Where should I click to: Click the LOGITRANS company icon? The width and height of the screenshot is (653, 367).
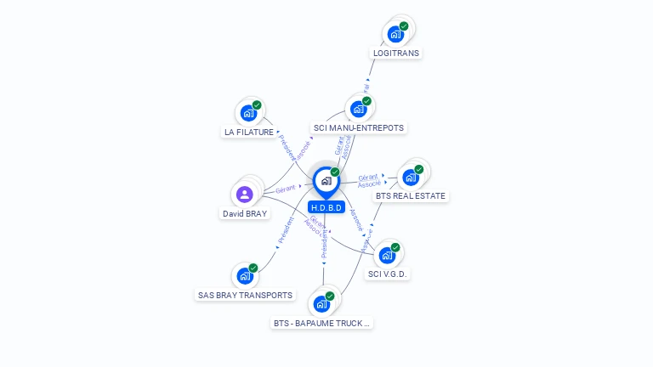(x=395, y=34)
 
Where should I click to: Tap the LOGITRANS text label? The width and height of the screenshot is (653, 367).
(x=396, y=53)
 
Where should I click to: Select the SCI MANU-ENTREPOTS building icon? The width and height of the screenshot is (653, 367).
(x=358, y=109)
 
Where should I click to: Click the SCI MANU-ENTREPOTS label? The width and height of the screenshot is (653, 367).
(x=359, y=128)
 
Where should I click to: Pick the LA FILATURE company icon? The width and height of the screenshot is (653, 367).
(x=248, y=113)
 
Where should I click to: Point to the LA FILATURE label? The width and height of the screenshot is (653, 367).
(x=249, y=133)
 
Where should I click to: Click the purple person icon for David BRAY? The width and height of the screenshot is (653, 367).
(x=245, y=194)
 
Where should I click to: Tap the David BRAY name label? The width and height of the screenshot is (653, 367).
(x=245, y=214)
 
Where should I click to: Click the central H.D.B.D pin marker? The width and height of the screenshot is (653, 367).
(x=326, y=181)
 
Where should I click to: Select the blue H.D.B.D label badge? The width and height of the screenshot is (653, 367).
(x=326, y=207)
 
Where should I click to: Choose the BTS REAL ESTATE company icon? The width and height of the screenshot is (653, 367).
(x=411, y=177)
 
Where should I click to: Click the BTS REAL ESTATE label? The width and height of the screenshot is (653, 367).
(x=411, y=196)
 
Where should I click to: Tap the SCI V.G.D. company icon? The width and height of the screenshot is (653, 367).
(x=387, y=255)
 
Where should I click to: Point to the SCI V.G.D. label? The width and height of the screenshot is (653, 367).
(x=388, y=274)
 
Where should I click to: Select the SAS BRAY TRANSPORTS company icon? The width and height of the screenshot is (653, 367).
(x=245, y=275)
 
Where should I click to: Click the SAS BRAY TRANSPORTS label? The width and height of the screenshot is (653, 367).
(x=245, y=296)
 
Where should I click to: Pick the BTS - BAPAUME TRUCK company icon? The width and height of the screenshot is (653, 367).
(x=321, y=303)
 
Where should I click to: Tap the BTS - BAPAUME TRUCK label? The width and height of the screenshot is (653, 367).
(x=322, y=324)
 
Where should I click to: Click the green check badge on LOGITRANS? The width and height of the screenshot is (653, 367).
(x=404, y=26)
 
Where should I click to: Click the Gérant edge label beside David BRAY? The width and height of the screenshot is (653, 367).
(x=286, y=189)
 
